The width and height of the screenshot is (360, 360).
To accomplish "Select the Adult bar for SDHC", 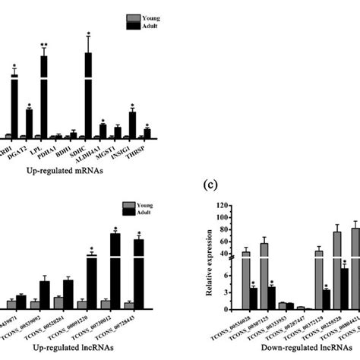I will click(88, 95).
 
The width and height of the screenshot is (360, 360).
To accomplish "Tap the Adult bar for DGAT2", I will click(29, 123).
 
